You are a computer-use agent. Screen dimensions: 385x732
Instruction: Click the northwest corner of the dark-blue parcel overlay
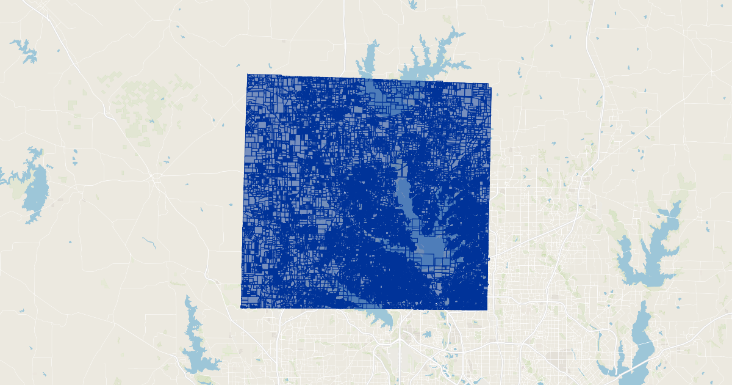pyautogui.click(x=248, y=75)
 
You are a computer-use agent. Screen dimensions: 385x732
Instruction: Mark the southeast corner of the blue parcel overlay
pyautogui.click(x=487, y=309)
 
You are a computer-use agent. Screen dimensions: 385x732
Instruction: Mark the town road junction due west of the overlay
pyautogui.click(x=156, y=177)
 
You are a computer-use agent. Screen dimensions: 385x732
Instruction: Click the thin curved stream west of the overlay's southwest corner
pyautogui.click(x=150, y=243)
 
